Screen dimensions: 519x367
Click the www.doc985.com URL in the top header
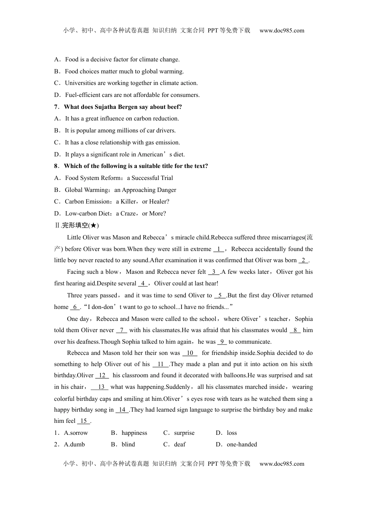pyautogui.click(x=282, y=31)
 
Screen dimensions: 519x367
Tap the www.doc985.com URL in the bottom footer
pyautogui.click(x=282, y=464)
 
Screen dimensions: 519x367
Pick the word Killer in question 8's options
pyautogui.click(x=128, y=202)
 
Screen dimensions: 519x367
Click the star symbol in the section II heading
pyautogui.click(x=93, y=226)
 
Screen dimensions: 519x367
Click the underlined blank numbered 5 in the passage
pyautogui.click(x=220, y=295)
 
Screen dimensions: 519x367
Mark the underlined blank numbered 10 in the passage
pyautogui.click(x=190, y=353)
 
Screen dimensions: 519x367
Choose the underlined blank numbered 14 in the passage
pyautogui.click(x=122, y=410)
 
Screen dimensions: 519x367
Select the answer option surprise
pyautogui.click(x=184, y=433)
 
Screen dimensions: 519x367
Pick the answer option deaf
pyautogui.click(x=180, y=444)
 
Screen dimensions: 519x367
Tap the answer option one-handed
pyautogui.click(x=242, y=444)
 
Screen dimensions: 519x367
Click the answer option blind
pyautogui.click(x=128, y=444)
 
